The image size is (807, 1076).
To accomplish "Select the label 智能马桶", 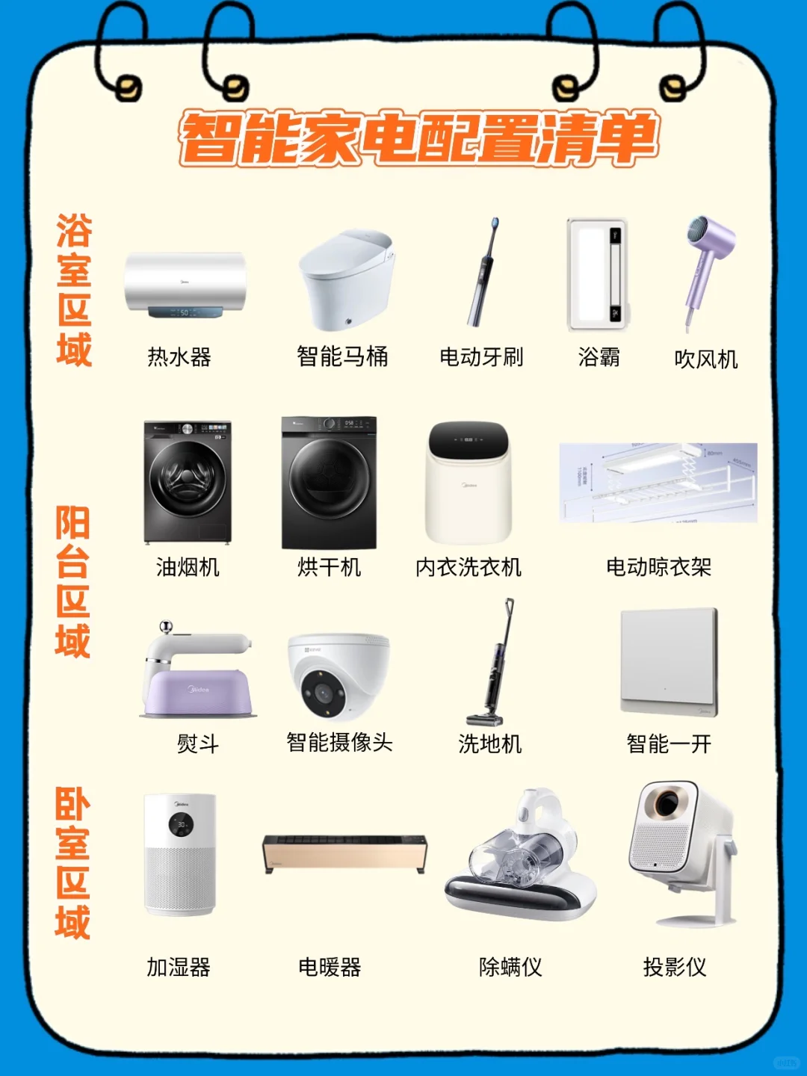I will click(342, 356).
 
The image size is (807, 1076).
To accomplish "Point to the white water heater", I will click(185, 284).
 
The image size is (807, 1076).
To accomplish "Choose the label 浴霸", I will click(599, 357).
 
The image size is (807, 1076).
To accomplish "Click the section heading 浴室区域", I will click(74, 290).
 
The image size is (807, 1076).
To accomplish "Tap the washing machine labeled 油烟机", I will click(188, 482).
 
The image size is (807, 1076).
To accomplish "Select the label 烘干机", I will click(329, 567).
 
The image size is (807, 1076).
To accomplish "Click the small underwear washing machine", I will click(469, 482).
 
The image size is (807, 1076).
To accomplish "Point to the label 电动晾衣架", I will click(658, 567).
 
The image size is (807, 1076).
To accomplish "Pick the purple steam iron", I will click(199, 676).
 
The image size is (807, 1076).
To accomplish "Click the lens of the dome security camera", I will click(324, 693).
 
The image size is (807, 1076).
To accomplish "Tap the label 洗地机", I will click(489, 743).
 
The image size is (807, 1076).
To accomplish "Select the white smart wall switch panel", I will click(669, 662).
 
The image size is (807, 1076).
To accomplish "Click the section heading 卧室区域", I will click(72, 863).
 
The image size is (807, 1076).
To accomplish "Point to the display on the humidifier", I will click(181, 824).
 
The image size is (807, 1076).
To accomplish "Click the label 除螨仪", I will click(510, 967).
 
